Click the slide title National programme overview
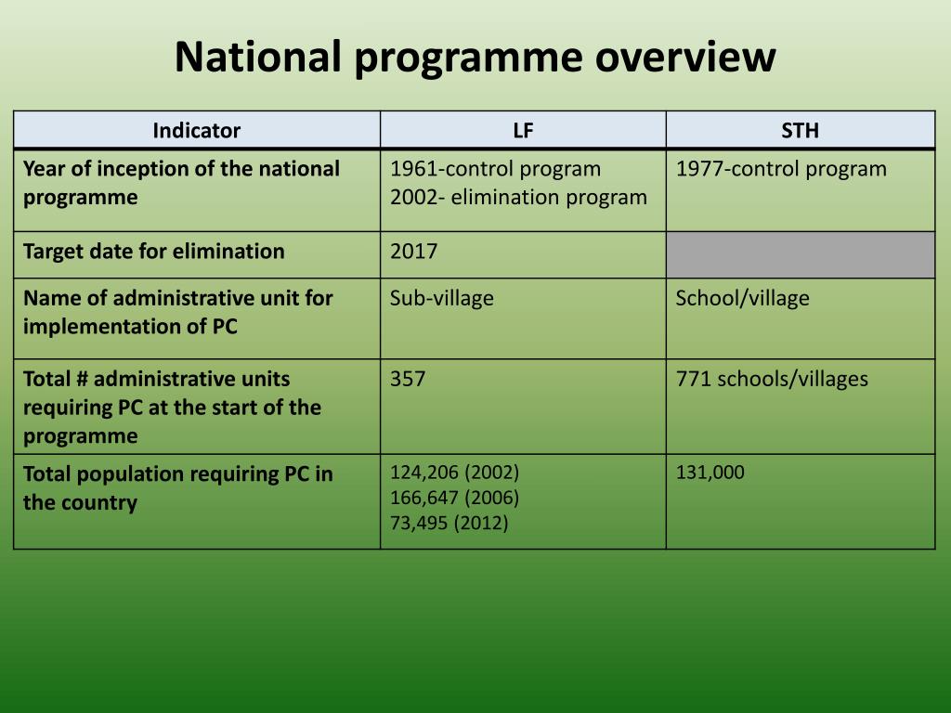click(x=475, y=57)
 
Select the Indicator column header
click(x=196, y=131)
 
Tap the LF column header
click(x=523, y=131)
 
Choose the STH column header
click(x=800, y=131)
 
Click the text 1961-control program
click(x=495, y=169)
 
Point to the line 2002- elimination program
click(x=518, y=197)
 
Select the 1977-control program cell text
click(x=780, y=169)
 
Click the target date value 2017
click(x=413, y=252)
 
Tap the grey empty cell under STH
click(x=800, y=254)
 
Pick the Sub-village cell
click(x=441, y=298)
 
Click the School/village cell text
click(x=742, y=298)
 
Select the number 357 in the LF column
click(x=408, y=379)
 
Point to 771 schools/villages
click(x=772, y=379)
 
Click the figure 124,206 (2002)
click(x=454, y=472)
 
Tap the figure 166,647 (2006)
click(x=454, y=497)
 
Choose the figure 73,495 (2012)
click(x=449, y=523)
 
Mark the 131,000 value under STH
click(x=710, y=472)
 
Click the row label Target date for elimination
click(x=153, y=252)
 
